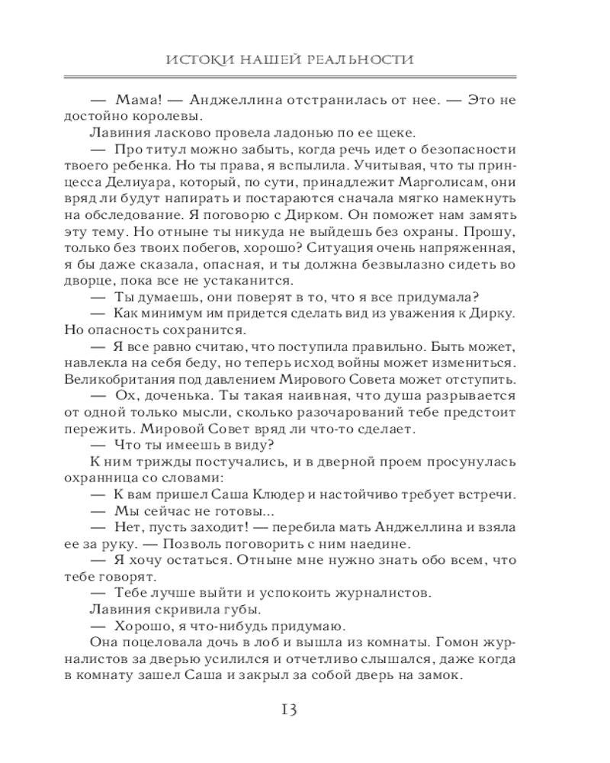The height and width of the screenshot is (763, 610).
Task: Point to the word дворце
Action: point(111,281)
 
